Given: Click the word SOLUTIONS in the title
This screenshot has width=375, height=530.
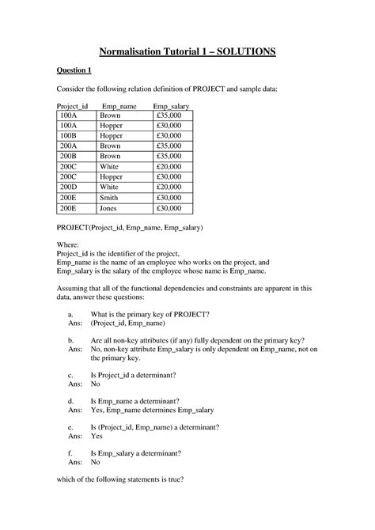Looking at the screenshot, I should point(237,51).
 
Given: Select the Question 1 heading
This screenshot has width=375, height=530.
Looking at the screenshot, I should point(78,71).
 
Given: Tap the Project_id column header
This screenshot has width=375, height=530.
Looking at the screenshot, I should point(76,105).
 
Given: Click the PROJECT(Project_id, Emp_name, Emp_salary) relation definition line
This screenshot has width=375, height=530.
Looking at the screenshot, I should point(130,228).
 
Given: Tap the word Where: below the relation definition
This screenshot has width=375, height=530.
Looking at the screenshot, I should point(69,245).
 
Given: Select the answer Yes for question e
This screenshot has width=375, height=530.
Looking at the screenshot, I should point(97,436).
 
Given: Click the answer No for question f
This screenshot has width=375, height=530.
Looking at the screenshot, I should point(96,464).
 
